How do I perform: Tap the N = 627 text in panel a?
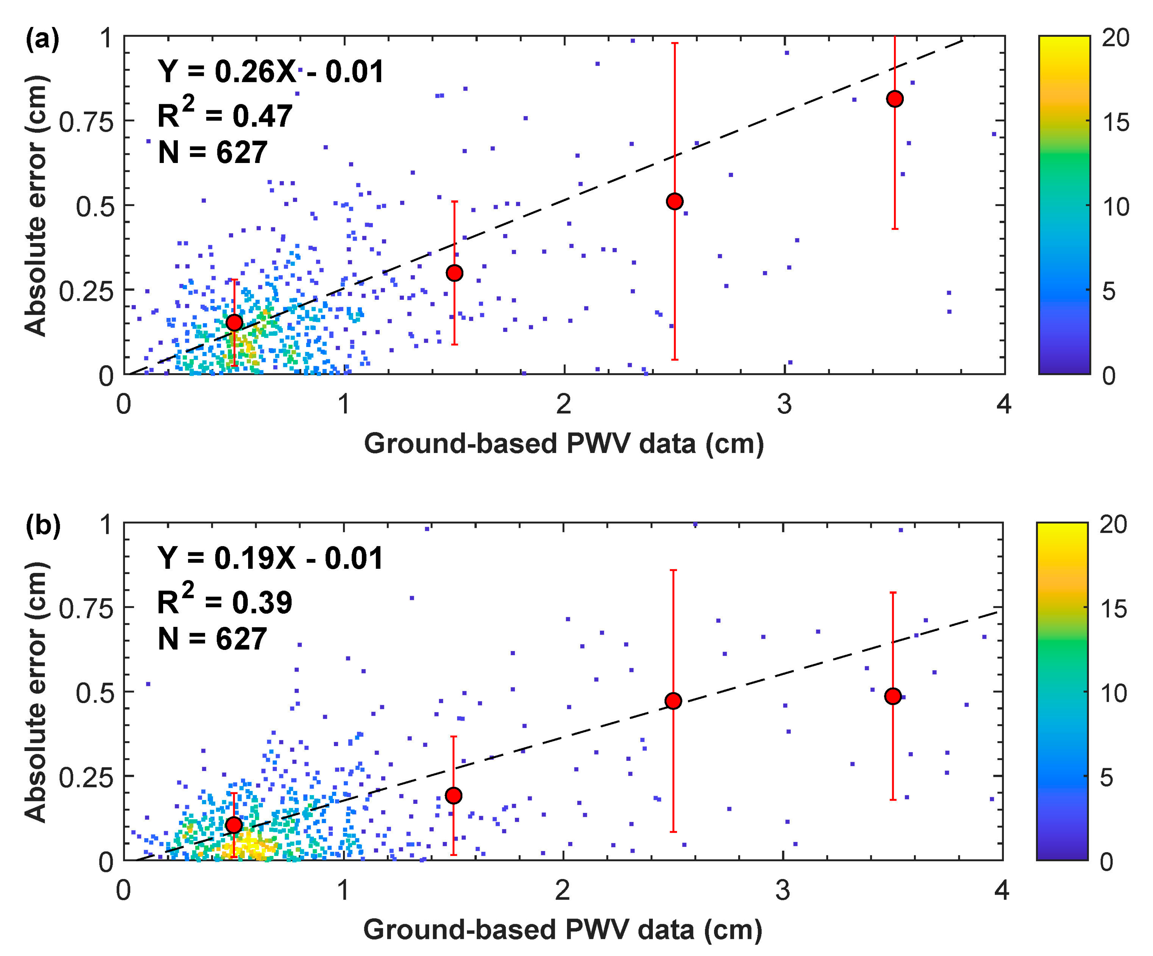213,153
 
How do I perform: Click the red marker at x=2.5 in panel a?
675,201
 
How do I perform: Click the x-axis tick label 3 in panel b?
782,890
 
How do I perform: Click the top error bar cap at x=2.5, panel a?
675,43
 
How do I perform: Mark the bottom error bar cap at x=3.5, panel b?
893,800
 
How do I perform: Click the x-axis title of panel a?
564,444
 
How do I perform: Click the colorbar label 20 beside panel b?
1113,525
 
